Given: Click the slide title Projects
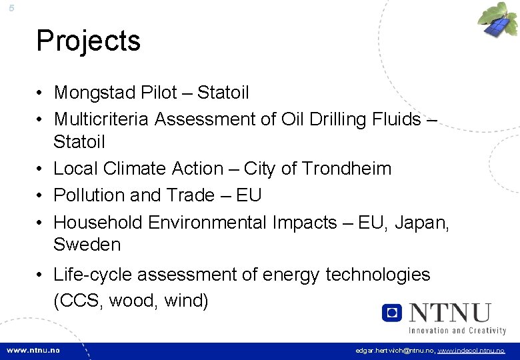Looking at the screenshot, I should [88, 41].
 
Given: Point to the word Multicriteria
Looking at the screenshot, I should [101, 119].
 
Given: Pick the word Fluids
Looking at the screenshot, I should [393, 119].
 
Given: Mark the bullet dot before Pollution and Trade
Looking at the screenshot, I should [41, 196].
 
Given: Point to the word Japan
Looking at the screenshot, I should [421, 223].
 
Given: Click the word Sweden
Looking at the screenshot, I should [87, 245].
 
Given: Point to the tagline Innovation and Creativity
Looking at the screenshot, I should [457, 331].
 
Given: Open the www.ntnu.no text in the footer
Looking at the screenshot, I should [33, 350].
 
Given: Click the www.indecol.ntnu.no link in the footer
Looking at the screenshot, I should [471, 351].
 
